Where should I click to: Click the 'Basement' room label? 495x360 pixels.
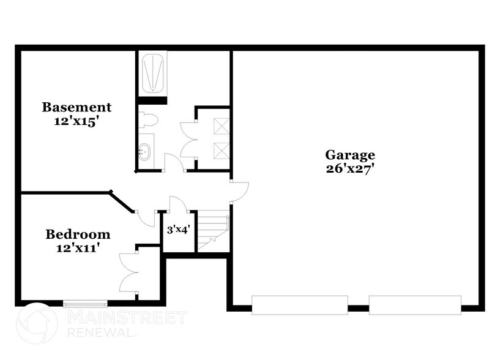(x=76, y=107)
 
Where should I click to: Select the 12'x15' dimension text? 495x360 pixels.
(x=76, y=121)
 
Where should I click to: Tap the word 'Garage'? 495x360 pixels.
(x=350, y=155)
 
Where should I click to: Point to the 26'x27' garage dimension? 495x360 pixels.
(x=350, y=169)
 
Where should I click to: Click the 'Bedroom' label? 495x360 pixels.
(x=78, y=234)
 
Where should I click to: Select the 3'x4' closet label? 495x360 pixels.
(x=178, y=231)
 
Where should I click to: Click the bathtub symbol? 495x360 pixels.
(x=152, y=73)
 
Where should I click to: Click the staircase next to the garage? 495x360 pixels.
(x=214, y=231)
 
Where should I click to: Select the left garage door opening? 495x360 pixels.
(x=300, y=305)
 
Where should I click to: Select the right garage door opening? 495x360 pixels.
(x=415, y=305)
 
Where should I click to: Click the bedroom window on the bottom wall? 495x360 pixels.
(x=85, y=302)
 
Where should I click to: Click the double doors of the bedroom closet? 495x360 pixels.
(x=130, y=272)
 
